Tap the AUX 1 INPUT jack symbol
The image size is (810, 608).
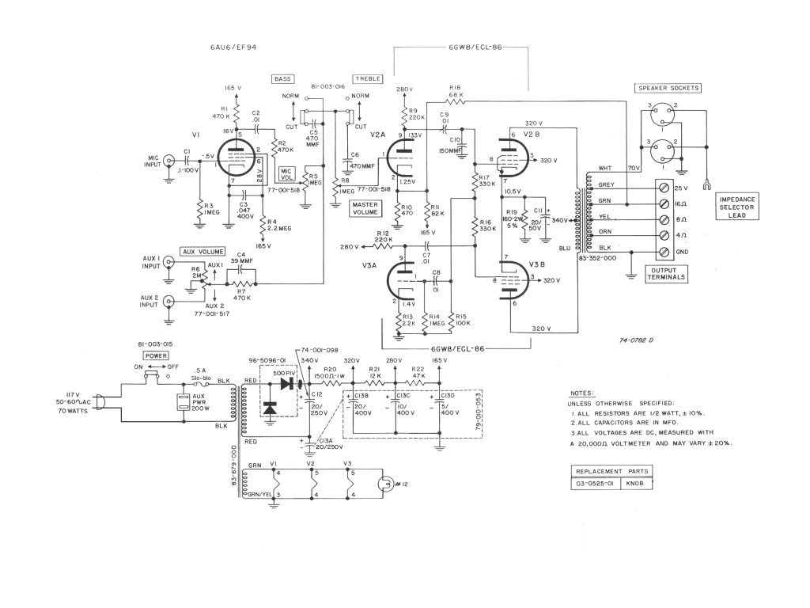click(168, 267)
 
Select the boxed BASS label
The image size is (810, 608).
click(282, 79)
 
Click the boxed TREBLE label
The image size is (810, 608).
click(368, 79)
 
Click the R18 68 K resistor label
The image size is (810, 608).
click(455, 91)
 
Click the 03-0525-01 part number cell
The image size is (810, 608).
click(596, 484)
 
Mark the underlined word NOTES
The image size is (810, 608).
click(582, 393)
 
